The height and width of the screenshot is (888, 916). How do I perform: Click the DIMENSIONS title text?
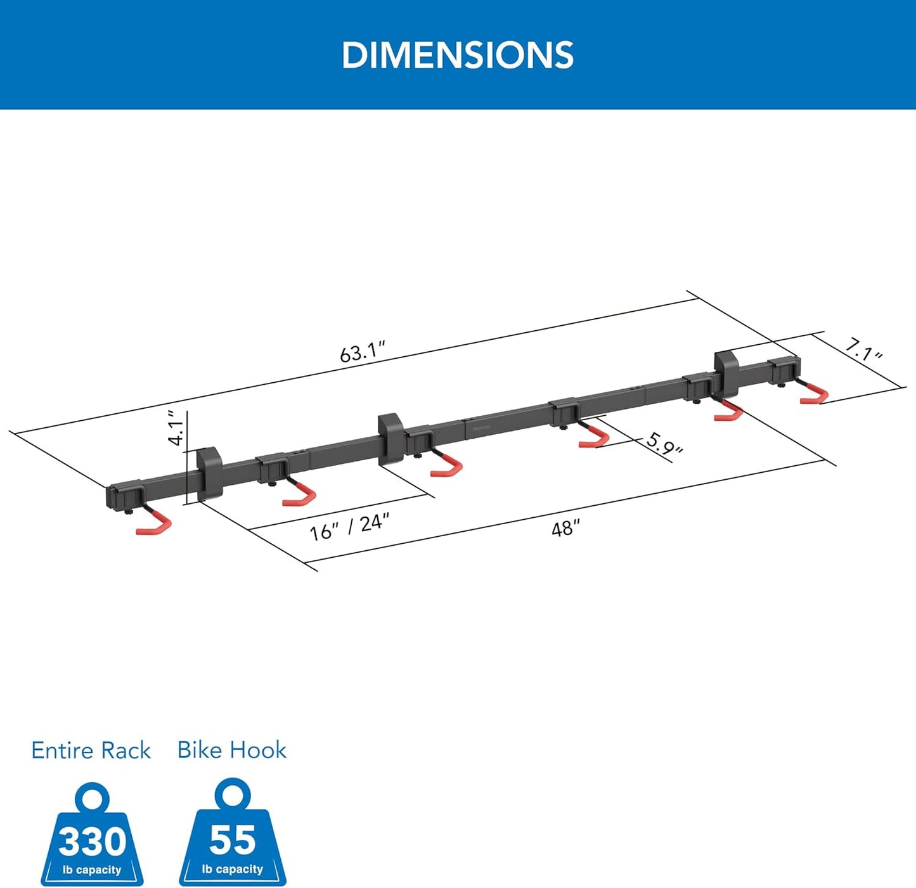[x=457, y=55]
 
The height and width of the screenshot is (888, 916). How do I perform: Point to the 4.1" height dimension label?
[x=177, y=428]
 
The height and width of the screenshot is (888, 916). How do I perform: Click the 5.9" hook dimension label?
[x=664, y=444]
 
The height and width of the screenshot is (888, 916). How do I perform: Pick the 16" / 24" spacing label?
[x=349, y=527]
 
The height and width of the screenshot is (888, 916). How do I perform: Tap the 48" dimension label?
[x=565, y=527]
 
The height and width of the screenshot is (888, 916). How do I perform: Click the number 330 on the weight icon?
[x=93, y=842]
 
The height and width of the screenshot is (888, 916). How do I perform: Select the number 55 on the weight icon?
[x=233, y=840]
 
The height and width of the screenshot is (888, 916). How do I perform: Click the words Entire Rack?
[x=91, y=750]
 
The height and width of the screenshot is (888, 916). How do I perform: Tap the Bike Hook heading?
[x=232, y=750]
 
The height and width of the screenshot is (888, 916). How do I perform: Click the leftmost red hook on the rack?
[x=155, y=523]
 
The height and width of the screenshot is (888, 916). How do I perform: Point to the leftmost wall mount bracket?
[x=209, y=472]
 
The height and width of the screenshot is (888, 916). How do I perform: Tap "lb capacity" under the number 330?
[x=92, y=870]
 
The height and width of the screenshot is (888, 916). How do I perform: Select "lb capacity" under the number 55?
[x=233, y=870]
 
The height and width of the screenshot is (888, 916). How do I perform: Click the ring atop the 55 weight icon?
[x=232, y=793]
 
